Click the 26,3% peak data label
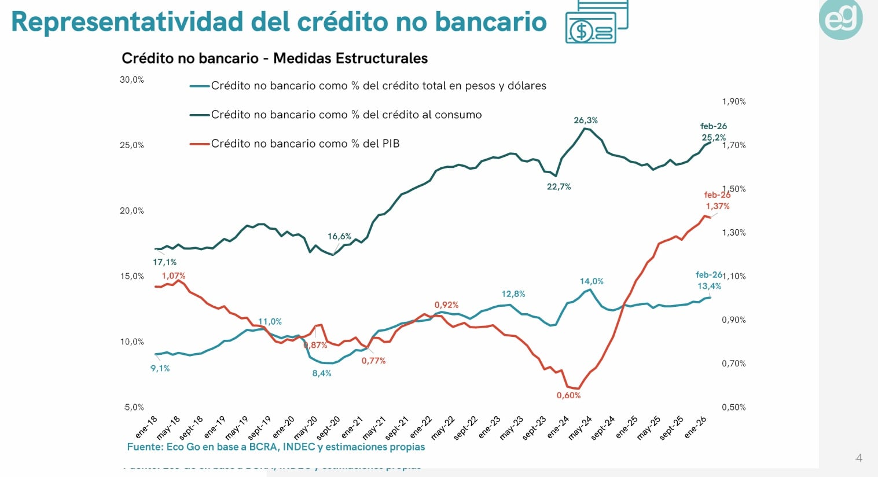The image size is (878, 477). [x=585, y=120]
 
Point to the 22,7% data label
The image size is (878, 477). [x=559, y=187]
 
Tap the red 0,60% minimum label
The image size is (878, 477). [x=568, y=395]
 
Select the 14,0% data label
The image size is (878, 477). [x=592, y=281]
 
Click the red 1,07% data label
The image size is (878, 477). [x=173, y=276]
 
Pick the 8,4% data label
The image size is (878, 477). [x=322, y=373]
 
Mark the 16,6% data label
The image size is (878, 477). [x=339, y=236]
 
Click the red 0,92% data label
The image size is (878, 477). [x=446, y=305]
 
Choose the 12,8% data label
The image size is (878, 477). [x=513, y=294]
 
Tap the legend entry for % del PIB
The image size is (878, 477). [x=305, y=144]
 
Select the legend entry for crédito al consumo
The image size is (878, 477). [x=346, y=115]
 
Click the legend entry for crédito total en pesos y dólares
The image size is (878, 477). [x=379, y=86]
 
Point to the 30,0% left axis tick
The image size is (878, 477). [x=132, y=80]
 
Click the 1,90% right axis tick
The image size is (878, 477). [x=733, y=102]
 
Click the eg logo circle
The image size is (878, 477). [x=840, y=19]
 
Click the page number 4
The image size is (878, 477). [x=858, y=458]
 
